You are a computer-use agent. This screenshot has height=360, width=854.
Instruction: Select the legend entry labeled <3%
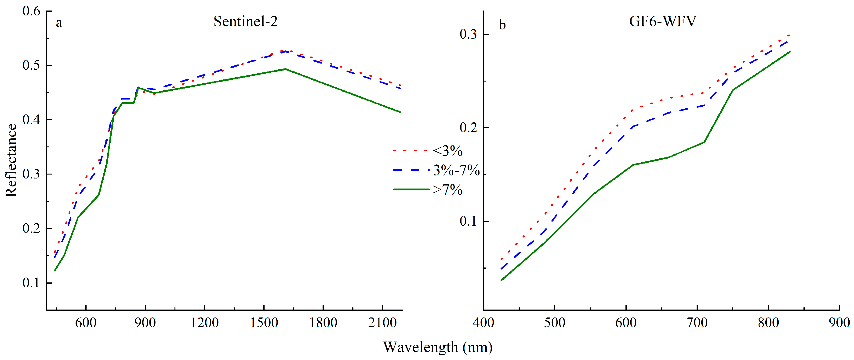pos(447,151)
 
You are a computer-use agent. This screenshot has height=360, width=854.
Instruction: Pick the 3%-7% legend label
pos(456,170)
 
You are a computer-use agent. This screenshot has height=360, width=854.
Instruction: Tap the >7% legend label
pos(447,190)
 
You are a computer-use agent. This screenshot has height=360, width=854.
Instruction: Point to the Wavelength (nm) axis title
pos(438,347)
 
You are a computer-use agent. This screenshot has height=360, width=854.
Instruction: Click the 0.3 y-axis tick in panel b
pos(468,34)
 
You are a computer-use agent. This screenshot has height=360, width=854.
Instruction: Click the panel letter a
pos(59,23)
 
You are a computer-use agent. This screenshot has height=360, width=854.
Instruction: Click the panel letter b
pos(502,25)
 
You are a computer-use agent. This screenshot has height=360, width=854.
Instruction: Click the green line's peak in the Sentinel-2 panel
pos(285,69)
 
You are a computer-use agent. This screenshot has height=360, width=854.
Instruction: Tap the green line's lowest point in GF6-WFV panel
pos(501,280)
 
